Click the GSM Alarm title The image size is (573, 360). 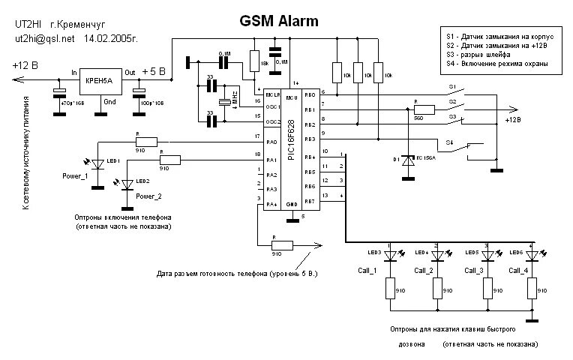[x=278, y=21]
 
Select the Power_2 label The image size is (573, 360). [x=148, y=196]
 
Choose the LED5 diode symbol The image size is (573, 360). [x=489, y=256]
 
